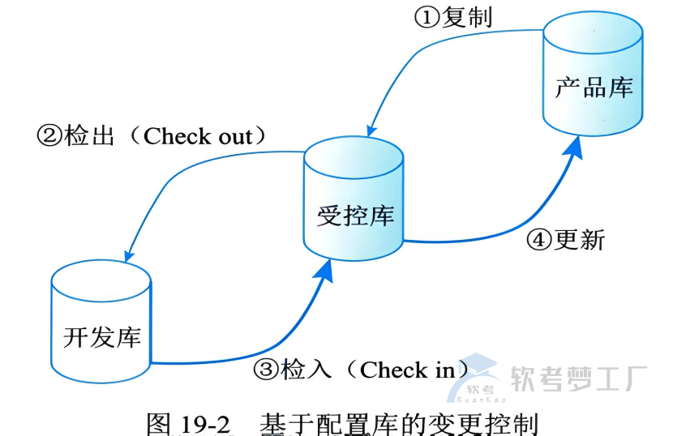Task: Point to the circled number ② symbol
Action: click(x=49, y=136)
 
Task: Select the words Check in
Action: click(x=408, y=370)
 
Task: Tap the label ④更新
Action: click(x=566, y=240)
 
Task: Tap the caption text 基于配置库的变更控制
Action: click(x=398, y=423)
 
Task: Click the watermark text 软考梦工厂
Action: click(x=577, y=378)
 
